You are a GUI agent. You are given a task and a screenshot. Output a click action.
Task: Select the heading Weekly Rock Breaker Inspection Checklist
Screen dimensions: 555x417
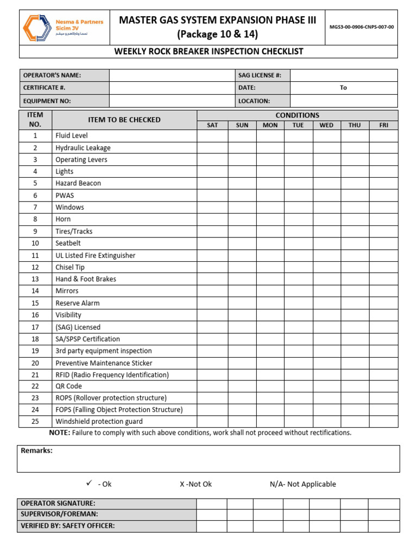(208, 51)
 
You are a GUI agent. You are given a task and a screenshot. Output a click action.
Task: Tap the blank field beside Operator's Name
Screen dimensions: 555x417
(171, 75)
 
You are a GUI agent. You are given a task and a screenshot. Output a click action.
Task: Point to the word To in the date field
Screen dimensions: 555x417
(343, 88)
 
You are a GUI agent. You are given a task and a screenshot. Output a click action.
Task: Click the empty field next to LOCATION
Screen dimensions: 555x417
(344, 101)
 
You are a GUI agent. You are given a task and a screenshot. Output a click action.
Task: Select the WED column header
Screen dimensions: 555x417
(326, 125)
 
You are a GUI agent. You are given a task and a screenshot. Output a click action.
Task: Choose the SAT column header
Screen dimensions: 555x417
(212, 125)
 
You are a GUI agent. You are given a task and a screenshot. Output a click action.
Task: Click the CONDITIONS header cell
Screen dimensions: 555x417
(297, 115)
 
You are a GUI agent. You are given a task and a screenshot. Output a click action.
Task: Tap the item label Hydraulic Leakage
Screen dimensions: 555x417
(83, 147)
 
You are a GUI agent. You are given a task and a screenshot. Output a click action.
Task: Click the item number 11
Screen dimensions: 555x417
(35, 255)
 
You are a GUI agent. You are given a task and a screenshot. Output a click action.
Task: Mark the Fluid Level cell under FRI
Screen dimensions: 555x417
(383, 135)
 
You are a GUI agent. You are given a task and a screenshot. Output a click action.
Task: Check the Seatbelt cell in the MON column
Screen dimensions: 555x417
(270, 243)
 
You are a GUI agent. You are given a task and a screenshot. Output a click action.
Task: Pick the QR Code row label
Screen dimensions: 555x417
(68, 386)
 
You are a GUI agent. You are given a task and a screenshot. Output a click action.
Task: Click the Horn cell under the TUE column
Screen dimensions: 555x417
(298, 220)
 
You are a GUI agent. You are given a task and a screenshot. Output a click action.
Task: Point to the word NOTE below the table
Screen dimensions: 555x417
(59, 433)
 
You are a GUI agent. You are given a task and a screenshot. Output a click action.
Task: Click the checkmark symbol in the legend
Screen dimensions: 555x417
(90, 483)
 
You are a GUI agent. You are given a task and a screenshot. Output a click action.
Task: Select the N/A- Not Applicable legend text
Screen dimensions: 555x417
(302, 484)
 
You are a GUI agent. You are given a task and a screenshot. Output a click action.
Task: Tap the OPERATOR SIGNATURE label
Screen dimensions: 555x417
(58, 504)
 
